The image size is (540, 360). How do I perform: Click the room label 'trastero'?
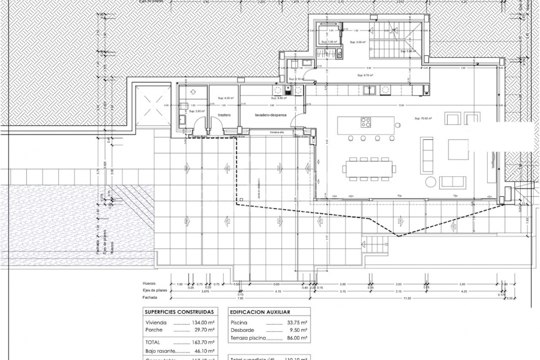[x=224, y=115]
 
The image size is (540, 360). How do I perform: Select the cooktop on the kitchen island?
[x=365, y=122]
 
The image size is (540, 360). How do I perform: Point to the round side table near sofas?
[x=431, y=182]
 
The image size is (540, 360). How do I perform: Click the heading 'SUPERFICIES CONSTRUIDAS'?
[x=179, y=313]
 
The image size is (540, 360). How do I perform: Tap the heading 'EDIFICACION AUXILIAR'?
[x=259, y=313]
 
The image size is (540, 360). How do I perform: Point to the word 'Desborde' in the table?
[x=241, y=330]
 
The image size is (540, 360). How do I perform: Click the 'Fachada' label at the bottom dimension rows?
[x=150, y=298]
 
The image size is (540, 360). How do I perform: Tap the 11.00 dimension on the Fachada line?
[x=409, y=298]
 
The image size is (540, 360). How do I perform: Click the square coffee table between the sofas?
[x=458, y=149]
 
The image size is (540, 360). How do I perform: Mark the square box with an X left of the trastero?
[x=148, y=107]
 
